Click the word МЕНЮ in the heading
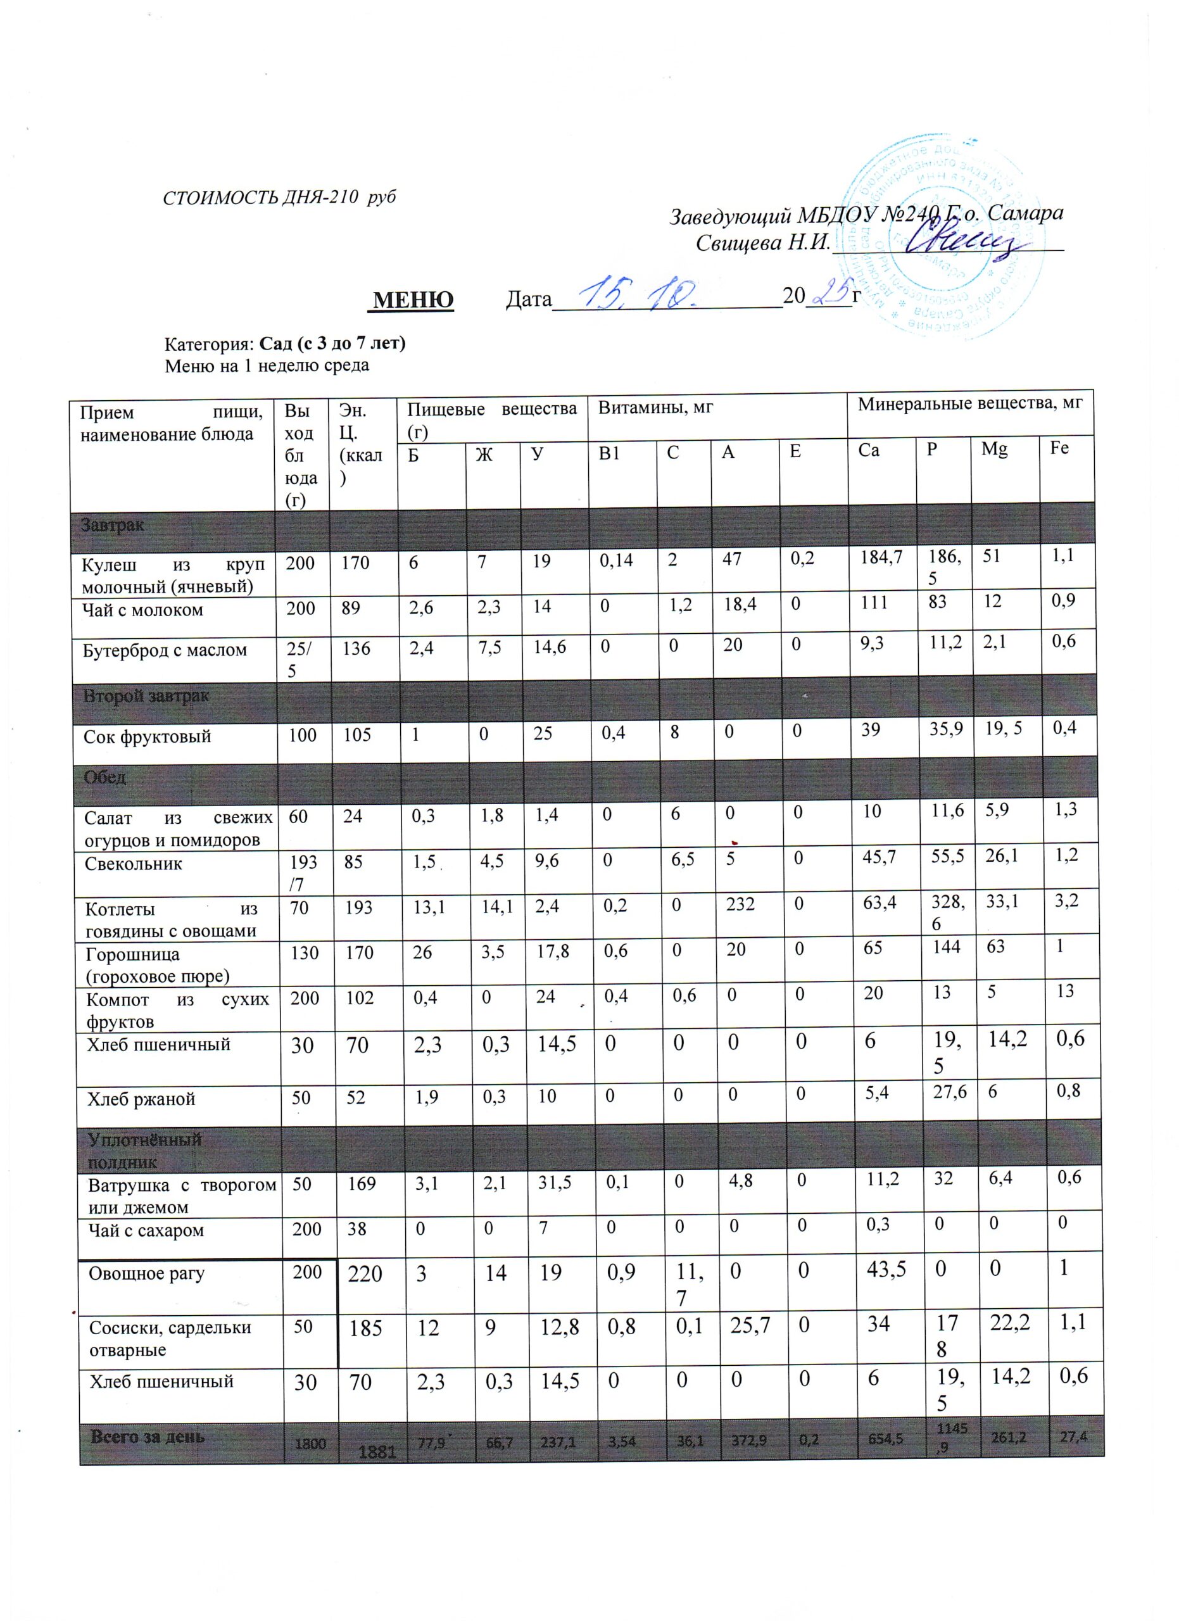[x=413, y=300]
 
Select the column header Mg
[x=994, y=450]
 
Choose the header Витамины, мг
[x=656, y=407]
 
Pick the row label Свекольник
[x=134, y=864]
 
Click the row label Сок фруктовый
[x=147, y=737]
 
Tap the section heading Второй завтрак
[x=146, y=696]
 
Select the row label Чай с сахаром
[x=146, y=1231]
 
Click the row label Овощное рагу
[x=146, y=1273]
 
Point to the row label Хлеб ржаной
[x=141, y=1099]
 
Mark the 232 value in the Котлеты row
[x=740, y=905]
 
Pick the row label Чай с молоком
[x=143, y=610]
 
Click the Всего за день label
[x=147, y=1437]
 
